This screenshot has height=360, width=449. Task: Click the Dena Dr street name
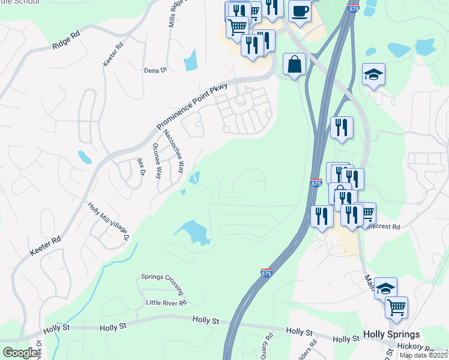(x=155, y=70)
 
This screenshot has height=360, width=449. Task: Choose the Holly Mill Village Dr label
(x=109, y=221)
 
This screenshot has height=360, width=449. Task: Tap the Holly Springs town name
(x=391, y=335)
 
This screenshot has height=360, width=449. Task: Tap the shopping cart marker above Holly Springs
(x=396, y=307)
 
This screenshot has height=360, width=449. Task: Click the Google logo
(x=20, y=353)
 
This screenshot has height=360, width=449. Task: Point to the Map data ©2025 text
(x=424, y=355)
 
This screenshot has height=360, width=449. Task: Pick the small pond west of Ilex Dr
(x=85, y=158)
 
